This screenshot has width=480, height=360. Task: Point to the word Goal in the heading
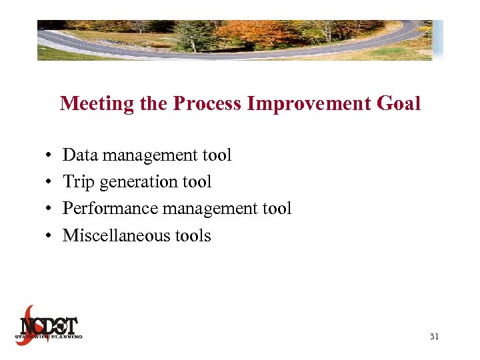coord(399,104)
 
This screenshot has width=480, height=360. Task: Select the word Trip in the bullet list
coord(77,182)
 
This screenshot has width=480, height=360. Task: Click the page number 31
coord(434,337)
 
